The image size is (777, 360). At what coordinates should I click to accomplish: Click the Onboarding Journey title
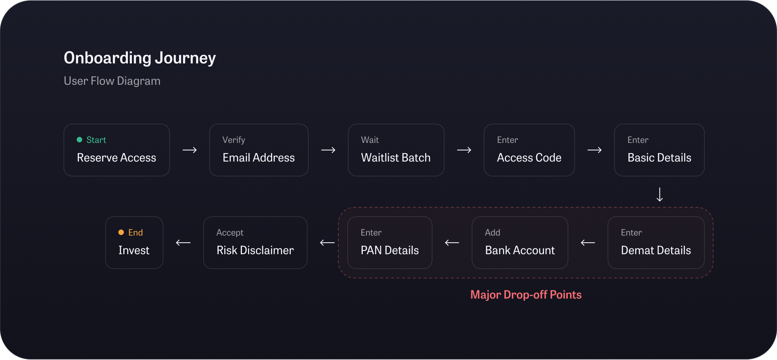(x=140, y=58)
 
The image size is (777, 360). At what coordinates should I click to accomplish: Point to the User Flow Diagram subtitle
(x=112, y=81)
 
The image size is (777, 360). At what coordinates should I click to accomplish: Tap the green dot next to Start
(x=79, y=140)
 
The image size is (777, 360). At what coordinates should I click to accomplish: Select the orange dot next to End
(x=121, y=232)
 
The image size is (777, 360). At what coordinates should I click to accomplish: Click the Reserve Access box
(x=117, y=150)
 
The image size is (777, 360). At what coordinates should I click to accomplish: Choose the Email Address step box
(x=259, y=150)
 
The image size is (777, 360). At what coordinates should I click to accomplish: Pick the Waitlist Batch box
(x=396, y=150)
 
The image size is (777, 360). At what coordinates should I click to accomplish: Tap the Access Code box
(x=529, y=150)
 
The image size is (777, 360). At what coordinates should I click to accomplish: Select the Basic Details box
(x=659, y=150)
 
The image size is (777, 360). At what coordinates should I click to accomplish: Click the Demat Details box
(x=656, y=242)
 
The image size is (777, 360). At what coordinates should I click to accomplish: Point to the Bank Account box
(x=520, y=242)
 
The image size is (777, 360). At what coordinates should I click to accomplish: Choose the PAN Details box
(x=389, y=242)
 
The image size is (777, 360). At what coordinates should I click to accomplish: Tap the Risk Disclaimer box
(x=255, y=242)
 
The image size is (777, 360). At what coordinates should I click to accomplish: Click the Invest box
(x=134, y=242)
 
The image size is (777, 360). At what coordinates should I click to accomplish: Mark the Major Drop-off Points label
(x=526, y=295)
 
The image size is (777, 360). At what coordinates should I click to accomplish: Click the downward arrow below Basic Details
(x=659, y=194)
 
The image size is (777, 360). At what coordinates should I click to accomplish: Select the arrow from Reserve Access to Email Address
(x=190, y=150)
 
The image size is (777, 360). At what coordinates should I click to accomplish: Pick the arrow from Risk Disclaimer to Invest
(x=183, y=242)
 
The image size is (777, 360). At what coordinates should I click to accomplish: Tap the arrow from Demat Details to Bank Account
(x=588, y=242)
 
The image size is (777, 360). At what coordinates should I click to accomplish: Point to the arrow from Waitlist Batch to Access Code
(x=464, y=150)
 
